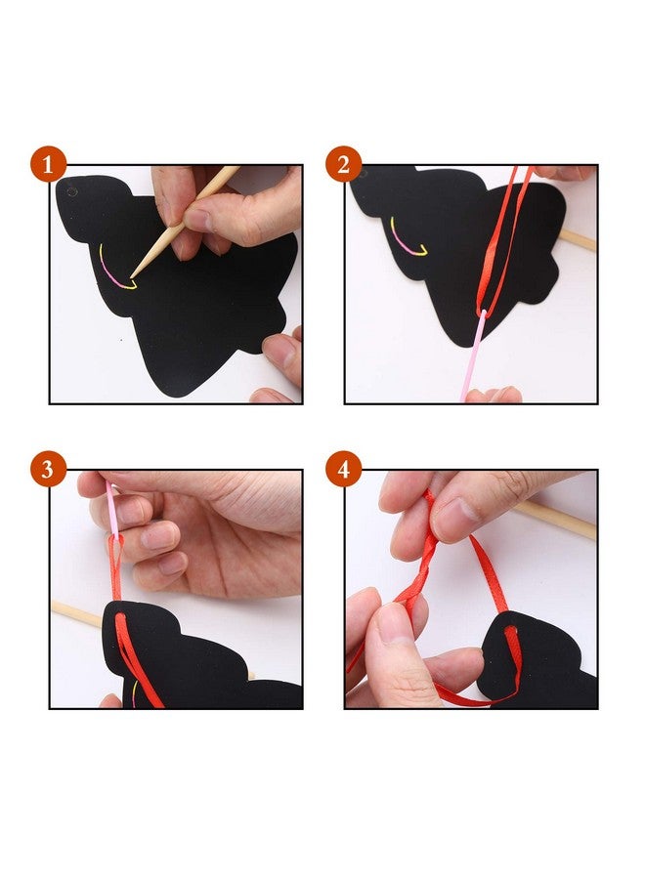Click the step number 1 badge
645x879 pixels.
(x=48, y=165)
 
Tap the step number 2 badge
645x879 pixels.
(x=343, y=164)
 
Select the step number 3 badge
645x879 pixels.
(x=48, y=469)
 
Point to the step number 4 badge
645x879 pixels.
(x=343, y=469)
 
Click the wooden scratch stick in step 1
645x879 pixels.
(x=185, y=222)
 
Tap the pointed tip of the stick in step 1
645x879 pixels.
(x=132, y=276)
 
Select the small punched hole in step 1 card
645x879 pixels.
(x=71, y=191)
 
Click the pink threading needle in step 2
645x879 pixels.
(x=472, y=356)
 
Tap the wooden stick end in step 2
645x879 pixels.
(x=578, y=239)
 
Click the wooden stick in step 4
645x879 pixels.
(x=555, y=521)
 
